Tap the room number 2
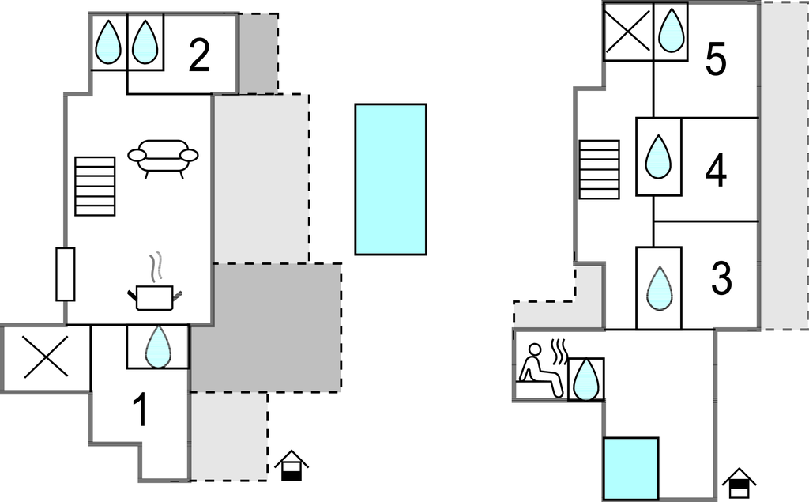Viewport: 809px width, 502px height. (199, 56)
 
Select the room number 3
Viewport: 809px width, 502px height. (721, 277)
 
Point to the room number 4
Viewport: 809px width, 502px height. (716, 171)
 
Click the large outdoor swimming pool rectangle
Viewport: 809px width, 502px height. (390, 179)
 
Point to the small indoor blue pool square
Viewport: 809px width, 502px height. (631, 469)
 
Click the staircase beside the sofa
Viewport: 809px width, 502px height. (95, 186)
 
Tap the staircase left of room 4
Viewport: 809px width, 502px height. (599, 169)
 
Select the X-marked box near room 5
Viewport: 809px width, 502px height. (627, 31)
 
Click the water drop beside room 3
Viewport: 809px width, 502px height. (660, 289)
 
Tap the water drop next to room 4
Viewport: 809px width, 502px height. (658, 157)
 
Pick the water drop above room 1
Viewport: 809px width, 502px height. (158, 346)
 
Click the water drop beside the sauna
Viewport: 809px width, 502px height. (585, 379)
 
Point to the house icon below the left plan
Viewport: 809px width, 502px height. (291, 466)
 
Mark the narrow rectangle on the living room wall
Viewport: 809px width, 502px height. (65, 274)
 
